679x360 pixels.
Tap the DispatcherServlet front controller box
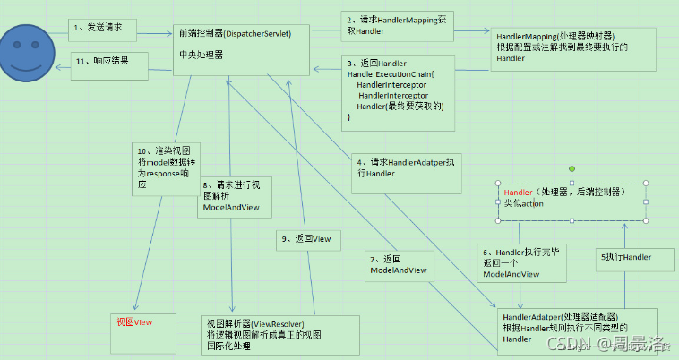tap(243, 49)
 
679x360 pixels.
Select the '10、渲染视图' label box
tap(163, 166)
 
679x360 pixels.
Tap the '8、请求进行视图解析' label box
tap(234, 197)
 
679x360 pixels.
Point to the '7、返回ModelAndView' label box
tap(399, 263)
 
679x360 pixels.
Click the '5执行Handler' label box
tap(636, 257)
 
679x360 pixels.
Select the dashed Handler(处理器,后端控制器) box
tap(571, 202)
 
